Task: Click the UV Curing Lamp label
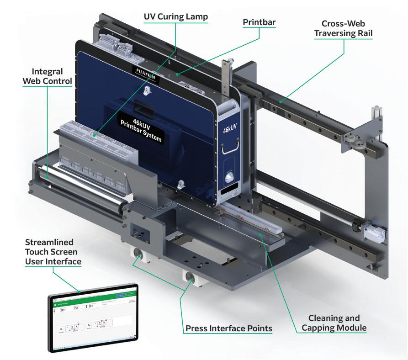(175, 17)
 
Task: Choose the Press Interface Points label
(228, 328)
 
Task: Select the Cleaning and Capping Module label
(334, 323)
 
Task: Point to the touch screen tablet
(94, 317)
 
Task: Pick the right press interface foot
(189, 277)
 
